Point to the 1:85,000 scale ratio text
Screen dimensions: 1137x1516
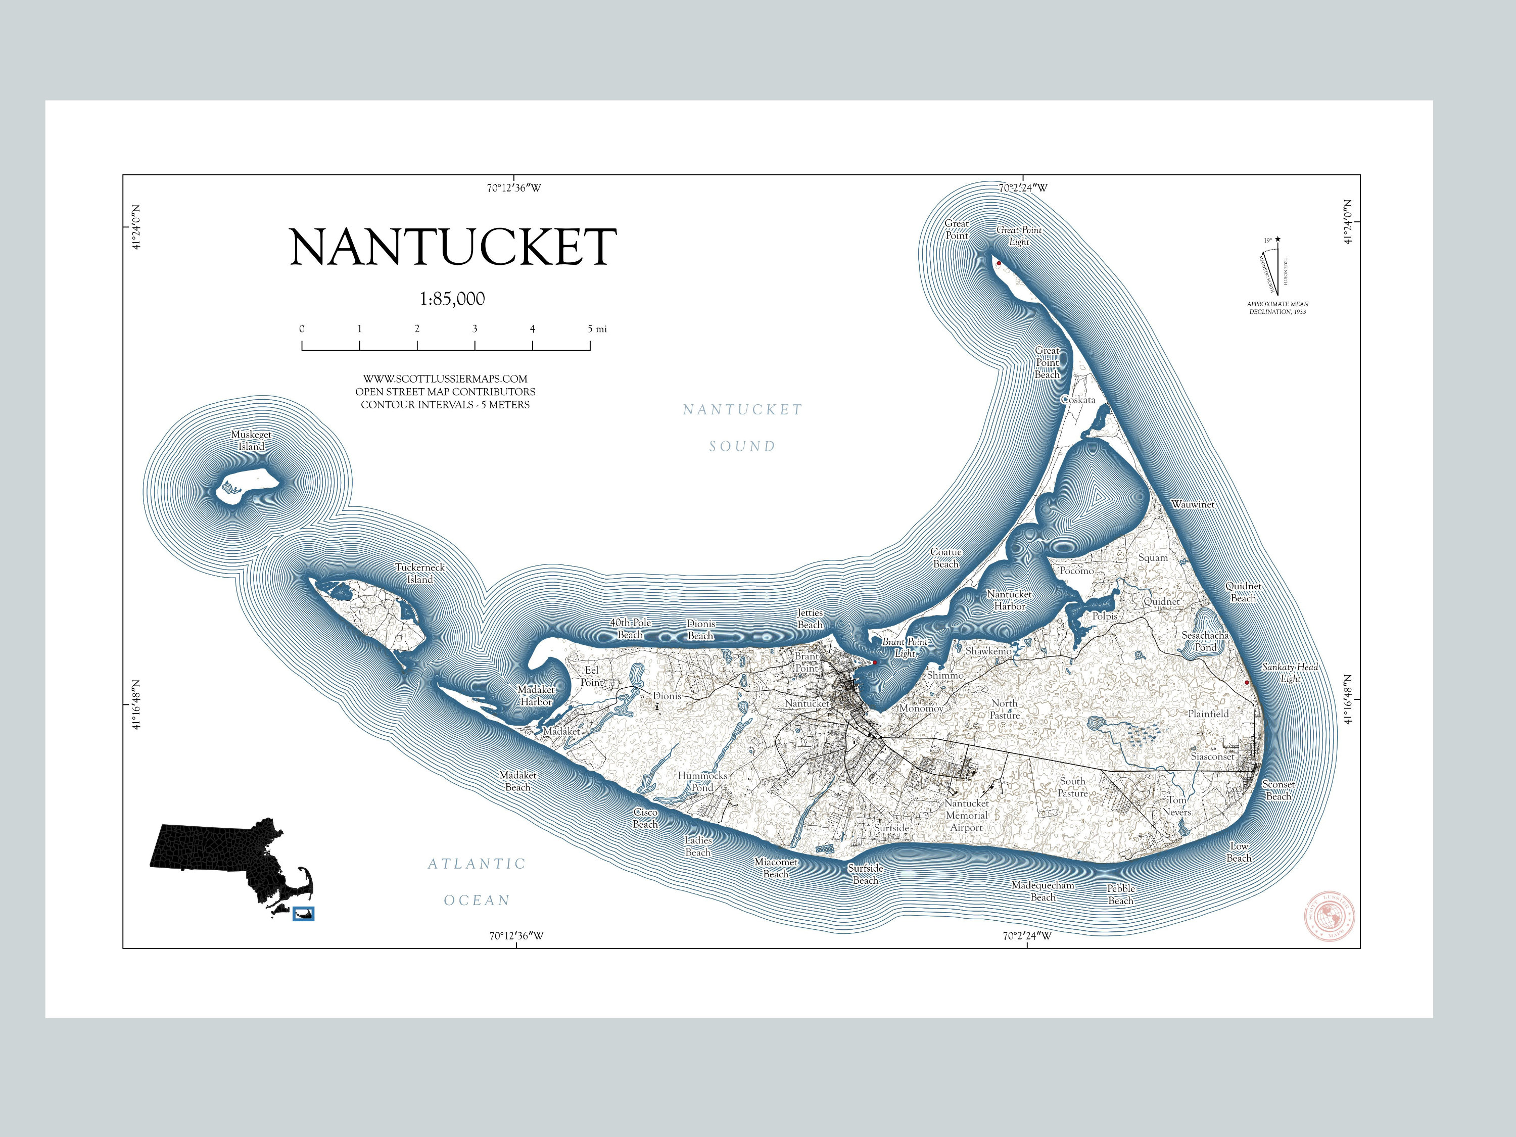452,299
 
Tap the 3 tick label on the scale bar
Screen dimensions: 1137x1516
475,329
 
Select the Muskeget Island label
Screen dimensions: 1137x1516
251,441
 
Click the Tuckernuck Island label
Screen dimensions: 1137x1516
419,574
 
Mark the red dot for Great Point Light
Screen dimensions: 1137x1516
999,263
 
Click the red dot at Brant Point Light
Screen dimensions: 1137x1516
875,662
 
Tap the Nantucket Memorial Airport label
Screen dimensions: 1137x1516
966,816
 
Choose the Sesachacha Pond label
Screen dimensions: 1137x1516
1205,641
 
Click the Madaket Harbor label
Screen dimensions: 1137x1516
536,696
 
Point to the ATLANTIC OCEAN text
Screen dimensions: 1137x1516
477,882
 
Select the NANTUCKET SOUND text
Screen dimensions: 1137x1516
742,428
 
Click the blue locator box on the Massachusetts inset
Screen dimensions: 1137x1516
303,914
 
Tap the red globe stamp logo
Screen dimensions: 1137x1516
1330,916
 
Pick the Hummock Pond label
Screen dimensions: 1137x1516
702,782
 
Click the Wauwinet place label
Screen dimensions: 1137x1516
1193,504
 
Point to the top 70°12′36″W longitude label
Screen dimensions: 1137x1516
514,188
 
